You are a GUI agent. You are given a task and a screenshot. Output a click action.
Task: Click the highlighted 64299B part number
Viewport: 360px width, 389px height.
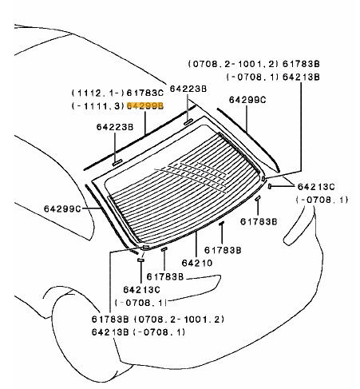[145, 106]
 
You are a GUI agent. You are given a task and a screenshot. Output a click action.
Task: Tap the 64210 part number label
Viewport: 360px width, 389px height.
[197, 263]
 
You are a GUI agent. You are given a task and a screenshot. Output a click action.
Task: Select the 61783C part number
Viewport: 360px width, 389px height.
[145, 93]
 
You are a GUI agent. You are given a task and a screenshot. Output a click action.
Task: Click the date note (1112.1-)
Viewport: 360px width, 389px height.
[98, 93]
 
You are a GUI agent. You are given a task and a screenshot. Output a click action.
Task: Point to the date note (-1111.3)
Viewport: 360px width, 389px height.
[98, 106]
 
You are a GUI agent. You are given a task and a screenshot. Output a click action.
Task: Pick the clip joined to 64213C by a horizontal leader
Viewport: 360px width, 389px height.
[269, 186]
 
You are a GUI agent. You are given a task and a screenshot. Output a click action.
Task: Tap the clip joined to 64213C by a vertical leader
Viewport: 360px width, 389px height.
[140, 260]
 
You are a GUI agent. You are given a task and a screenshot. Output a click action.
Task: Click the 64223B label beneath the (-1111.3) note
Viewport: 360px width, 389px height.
[115, 127]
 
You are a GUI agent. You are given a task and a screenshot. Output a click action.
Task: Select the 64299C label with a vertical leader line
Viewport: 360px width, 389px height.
[247, 100]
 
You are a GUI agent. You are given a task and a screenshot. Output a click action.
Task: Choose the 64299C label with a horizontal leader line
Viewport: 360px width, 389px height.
[62, 208]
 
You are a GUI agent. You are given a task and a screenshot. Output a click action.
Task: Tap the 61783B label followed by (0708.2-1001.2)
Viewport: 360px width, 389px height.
[110, 319]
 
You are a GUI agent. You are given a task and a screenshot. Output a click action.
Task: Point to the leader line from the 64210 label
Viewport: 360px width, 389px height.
[196, 244]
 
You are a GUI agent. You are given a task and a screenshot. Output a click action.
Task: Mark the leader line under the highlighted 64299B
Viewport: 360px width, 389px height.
[145, 123]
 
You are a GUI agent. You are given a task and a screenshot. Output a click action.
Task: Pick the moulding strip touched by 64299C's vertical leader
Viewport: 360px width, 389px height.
[248, 140]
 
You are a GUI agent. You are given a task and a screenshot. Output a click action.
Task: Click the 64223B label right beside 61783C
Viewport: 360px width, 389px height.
[188, 89]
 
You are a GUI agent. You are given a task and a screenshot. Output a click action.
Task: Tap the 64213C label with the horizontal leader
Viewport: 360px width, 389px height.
[316, 187]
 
